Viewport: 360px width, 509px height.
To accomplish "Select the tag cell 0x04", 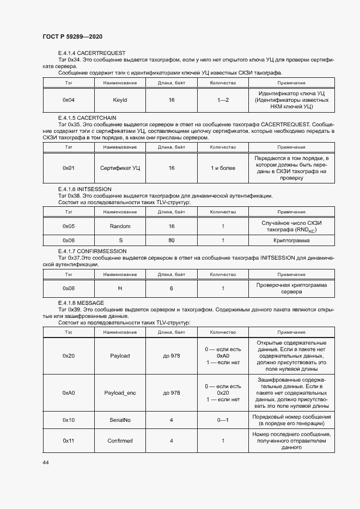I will [x=69, y=100].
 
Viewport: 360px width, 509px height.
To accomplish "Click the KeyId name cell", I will [x=120, y=100].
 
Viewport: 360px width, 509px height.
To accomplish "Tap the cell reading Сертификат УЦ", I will [x=120, y=168].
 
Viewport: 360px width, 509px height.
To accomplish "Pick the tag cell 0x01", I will [x=69, y=168].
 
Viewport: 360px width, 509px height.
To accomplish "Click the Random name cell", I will [x=120, y=226].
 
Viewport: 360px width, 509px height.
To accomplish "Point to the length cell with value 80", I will [x=172, y=240].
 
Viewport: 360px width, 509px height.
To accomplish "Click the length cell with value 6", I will [x=172, y=288].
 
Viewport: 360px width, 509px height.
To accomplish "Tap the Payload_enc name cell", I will [x=120, y=393].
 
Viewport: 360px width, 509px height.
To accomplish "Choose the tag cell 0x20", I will [x=69, y=355].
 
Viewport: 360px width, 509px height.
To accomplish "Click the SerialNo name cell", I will [x=120, y=420].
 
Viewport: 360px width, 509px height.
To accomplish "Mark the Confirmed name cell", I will [x=120, y=440].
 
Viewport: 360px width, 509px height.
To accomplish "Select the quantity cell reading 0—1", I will [x=223, y=420].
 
